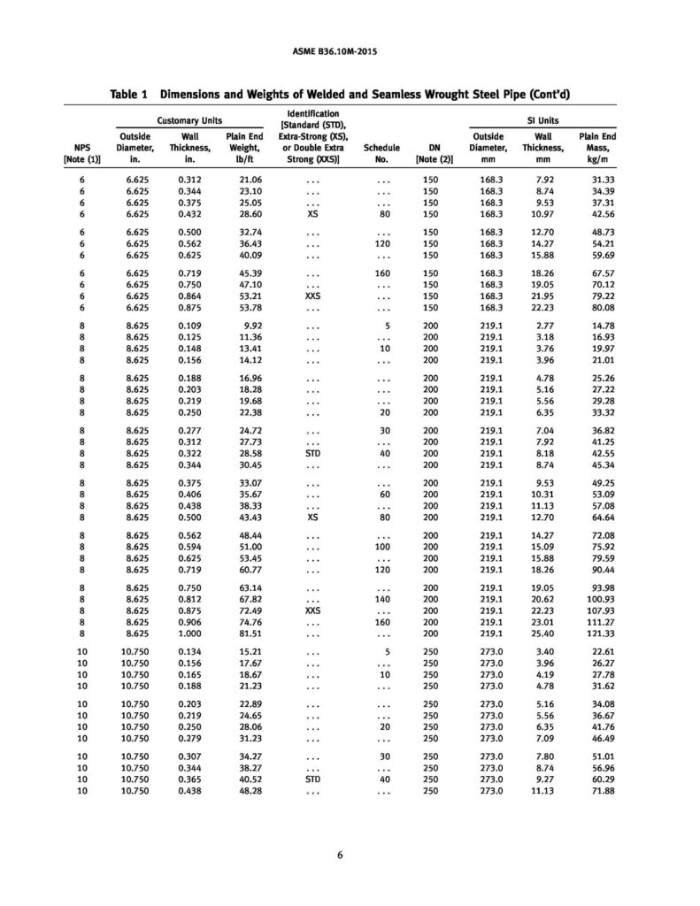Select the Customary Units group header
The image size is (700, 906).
(188, 120)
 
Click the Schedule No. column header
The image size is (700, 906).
(382, 155)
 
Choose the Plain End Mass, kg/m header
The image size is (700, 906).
(597, 149)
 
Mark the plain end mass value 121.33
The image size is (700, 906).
(596, 636)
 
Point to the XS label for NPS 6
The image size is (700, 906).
(312, 215)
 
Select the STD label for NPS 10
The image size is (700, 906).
(312, 780)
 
